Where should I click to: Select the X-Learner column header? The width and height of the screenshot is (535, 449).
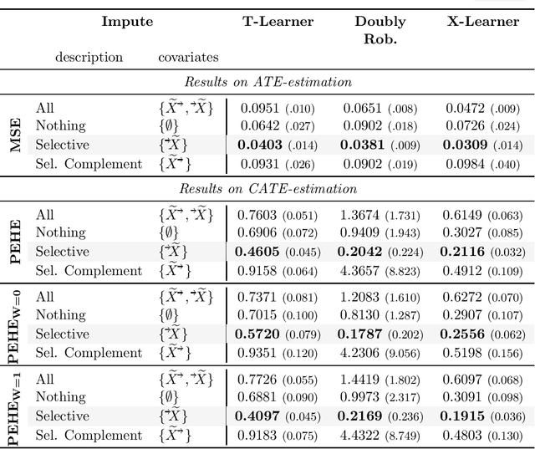click(x=482, y=22)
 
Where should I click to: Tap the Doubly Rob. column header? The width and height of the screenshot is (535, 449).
click(x=380, y=29)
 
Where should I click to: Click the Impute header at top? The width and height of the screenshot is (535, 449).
click(x=127, y=22)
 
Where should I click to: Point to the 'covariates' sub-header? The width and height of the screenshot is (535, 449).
click(x=189, y=58)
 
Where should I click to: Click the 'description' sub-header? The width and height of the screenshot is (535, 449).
click(x=89, y=58)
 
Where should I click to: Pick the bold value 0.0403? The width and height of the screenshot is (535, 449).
click(x=261, y=145)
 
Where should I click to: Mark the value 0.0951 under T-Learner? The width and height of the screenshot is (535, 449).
click(x=262, y=108)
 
